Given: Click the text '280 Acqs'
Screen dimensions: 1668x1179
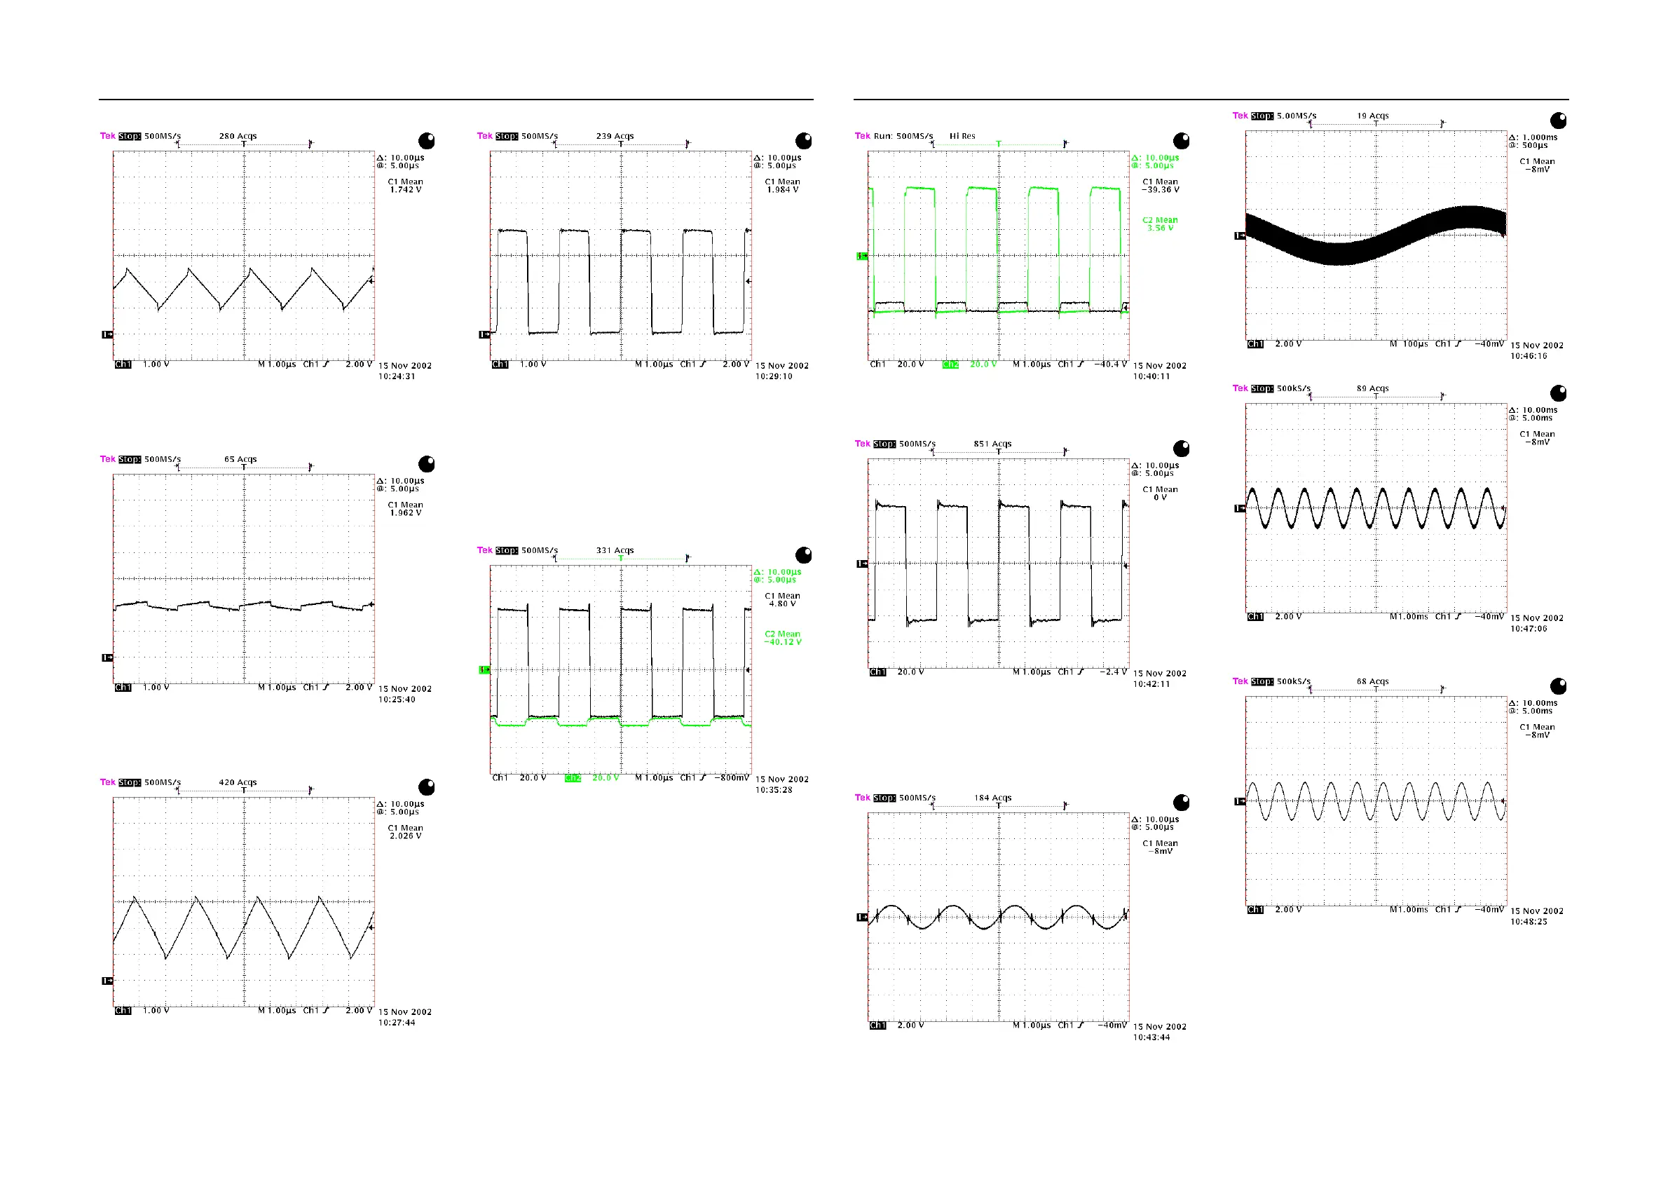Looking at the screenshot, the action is pos(238,136).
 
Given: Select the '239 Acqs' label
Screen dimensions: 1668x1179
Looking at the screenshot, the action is pos(615,136).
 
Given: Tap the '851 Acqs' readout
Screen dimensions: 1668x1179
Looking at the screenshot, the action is pos(992,444).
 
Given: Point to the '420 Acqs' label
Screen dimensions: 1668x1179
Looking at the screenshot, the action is pos(238,782).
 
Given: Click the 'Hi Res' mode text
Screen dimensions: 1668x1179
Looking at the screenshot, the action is pos(962,136).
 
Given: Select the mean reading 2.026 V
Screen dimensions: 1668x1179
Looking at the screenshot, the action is pos(405,836).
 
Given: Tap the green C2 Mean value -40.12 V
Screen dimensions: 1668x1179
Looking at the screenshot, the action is pos(782,642).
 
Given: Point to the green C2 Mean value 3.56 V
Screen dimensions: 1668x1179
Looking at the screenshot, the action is pos(1160,228).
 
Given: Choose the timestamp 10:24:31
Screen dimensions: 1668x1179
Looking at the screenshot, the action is pos(397,376).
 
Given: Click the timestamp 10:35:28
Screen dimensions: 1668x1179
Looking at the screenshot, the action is pos(774,790).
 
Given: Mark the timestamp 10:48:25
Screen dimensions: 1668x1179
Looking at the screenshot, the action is pos(1529,921).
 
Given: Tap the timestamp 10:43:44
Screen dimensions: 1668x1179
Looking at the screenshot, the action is pos(1151,1037).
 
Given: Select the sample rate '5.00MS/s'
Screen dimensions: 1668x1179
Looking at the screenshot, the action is pos(1296,116).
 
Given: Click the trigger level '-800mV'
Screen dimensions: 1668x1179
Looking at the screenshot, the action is pos(731,778).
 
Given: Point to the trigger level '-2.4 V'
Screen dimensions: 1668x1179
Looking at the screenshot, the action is pos(1113,672).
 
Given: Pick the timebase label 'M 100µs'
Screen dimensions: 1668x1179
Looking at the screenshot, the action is pos(1409,344).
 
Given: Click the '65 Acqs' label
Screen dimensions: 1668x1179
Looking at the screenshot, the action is pos(240,459).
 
